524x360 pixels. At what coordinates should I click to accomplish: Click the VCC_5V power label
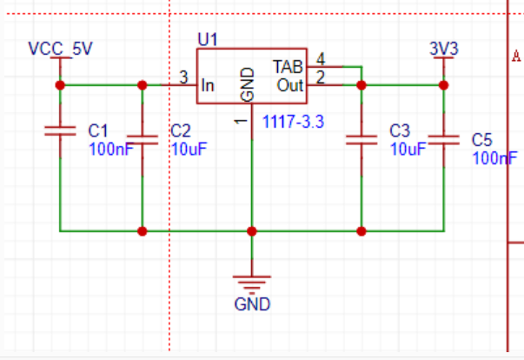60,49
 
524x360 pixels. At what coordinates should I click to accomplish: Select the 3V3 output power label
444,49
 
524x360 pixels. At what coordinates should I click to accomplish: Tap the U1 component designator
208,39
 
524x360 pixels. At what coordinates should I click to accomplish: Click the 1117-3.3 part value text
294,122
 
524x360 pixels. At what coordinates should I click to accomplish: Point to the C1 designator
98,130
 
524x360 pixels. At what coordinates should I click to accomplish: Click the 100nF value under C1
111,149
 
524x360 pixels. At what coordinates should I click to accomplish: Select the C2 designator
181,130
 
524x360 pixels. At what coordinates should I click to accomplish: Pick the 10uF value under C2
189,149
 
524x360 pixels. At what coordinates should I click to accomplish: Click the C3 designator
400,130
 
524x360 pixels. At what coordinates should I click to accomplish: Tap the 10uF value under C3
408,149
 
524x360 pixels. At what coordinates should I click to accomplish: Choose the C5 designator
482,139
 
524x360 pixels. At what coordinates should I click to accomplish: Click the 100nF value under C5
495,158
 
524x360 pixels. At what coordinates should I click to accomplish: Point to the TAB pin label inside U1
288,67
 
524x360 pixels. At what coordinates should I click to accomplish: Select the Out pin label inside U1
290,85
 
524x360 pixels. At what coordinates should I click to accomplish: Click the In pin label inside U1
208,86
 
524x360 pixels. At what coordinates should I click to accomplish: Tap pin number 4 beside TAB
321,59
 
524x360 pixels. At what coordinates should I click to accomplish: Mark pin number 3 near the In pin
184,77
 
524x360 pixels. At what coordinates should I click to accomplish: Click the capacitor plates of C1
60,131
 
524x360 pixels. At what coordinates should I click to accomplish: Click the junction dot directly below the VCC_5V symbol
60,85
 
